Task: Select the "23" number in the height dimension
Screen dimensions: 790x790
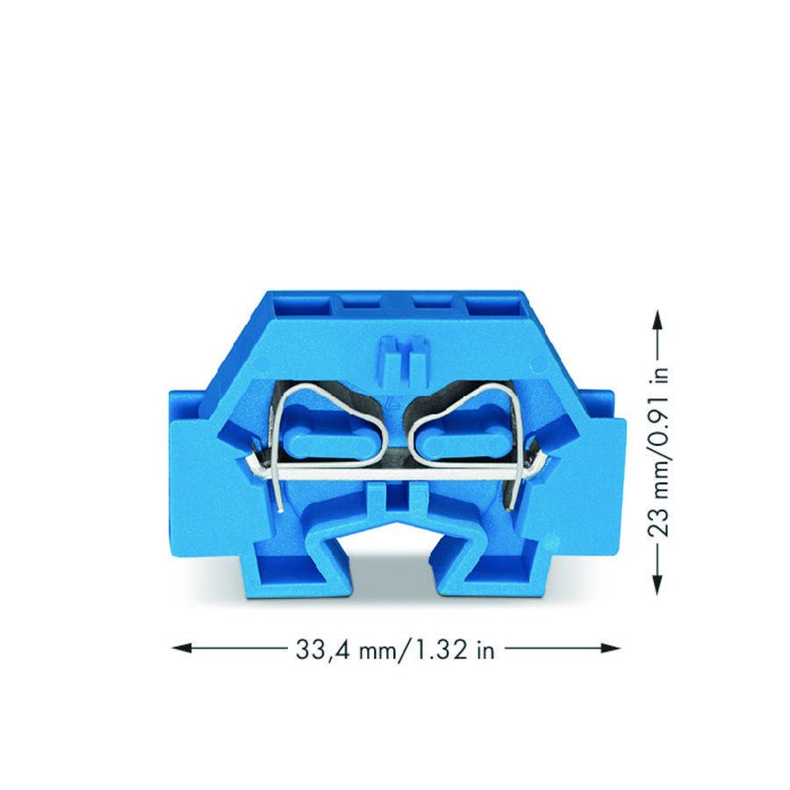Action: tap(658, 521)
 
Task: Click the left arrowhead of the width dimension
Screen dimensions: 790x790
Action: tap(182, 648)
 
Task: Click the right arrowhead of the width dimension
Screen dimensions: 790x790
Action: tap(611, 648)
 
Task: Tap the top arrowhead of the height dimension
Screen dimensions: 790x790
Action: tap(657, 320)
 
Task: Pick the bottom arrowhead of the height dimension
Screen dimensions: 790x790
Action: tap(657, 585)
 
